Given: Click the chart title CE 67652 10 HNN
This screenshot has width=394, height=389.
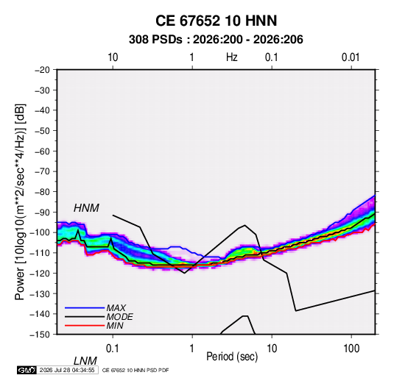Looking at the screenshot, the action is (x=216, y=21).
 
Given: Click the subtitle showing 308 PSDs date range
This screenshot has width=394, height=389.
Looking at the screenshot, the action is (x=216, y=40).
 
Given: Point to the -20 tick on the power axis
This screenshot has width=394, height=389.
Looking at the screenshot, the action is (x=42, y=70).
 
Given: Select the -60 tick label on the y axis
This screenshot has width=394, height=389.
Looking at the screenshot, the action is (x=42, y=151).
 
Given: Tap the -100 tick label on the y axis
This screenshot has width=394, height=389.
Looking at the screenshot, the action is (x=40, y=232).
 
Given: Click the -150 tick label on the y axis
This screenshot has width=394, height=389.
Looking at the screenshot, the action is (x=40, y=335).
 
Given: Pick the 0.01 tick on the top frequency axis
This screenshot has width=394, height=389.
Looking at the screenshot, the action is (x=351, y=57).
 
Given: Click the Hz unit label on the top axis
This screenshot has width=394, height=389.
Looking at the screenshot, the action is (x=232, y=57).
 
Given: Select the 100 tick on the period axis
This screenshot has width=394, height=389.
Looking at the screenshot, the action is (x=351, y=349).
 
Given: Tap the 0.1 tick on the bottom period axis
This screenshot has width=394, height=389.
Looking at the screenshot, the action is (x=113, y=349).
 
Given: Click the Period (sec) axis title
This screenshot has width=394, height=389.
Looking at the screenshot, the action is (x=232, y=357).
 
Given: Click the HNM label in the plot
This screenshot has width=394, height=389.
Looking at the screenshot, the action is (x=86, y=208).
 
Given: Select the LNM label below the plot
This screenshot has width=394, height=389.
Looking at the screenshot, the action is (x=85, y=361).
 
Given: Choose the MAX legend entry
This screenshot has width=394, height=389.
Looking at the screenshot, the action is (x=116, y=308).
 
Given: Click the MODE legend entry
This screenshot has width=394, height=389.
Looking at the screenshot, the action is (x=119, y=317).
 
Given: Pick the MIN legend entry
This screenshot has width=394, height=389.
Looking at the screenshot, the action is (x=115, y=326).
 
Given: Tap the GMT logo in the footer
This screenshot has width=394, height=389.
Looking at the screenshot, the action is (x=27, y=370).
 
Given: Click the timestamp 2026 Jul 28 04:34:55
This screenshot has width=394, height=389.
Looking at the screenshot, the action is (x=67, y=370).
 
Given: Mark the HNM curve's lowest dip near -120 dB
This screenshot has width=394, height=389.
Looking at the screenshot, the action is (x=184, y=273).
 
